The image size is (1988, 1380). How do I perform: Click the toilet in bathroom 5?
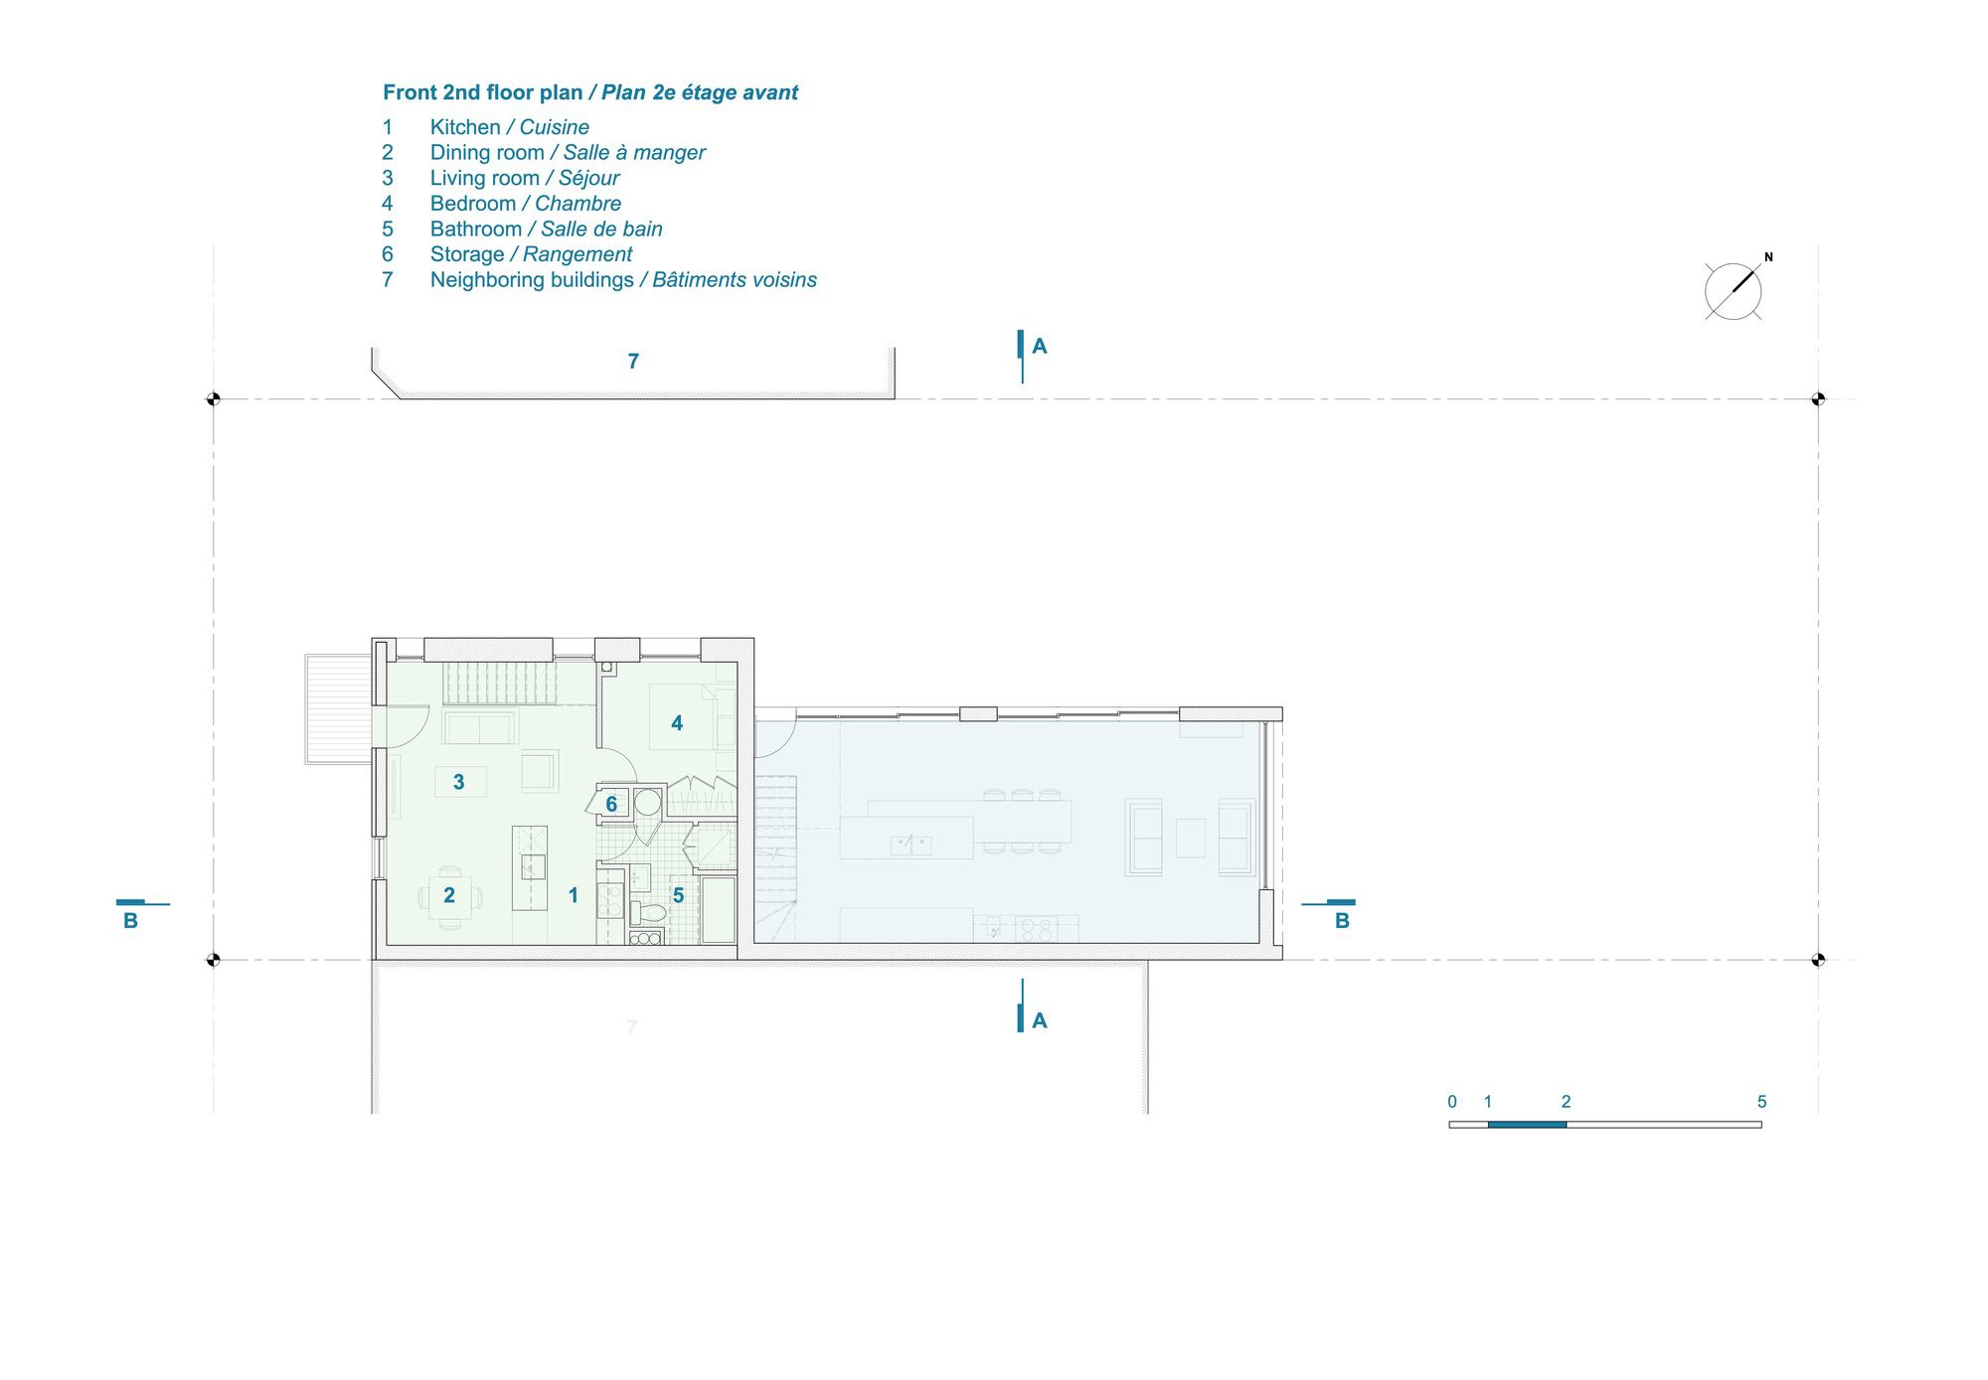(647, 911)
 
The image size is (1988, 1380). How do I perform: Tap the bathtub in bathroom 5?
(719, 909)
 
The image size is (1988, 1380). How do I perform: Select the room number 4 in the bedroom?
(677, 723)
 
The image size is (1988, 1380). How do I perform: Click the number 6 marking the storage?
(611, 804)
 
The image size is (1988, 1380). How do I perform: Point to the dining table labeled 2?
(449, 895)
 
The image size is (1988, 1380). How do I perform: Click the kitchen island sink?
(533, 867)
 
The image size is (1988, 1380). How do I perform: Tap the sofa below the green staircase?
(479, 728)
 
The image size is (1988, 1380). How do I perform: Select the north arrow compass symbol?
(1734, 291)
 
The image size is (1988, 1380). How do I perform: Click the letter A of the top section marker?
(1040, 346)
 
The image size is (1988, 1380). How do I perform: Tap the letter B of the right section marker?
(1342, 921)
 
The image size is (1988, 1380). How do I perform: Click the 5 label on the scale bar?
(1761, 1102)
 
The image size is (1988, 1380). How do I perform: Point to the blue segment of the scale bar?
(1527, 1125)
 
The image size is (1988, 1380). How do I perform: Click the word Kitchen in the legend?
(465, 127)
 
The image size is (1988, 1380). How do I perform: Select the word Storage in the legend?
(467, 254)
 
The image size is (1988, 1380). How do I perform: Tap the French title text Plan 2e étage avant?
(700, 92)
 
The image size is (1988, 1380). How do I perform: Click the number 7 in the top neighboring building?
(633, 362)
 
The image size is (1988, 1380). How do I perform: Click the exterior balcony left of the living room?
(338, 708)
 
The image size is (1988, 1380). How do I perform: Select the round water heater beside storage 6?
(648, 802)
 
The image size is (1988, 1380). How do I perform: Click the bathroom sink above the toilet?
(640, 877)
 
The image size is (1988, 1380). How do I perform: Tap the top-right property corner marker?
(1818, 399)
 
